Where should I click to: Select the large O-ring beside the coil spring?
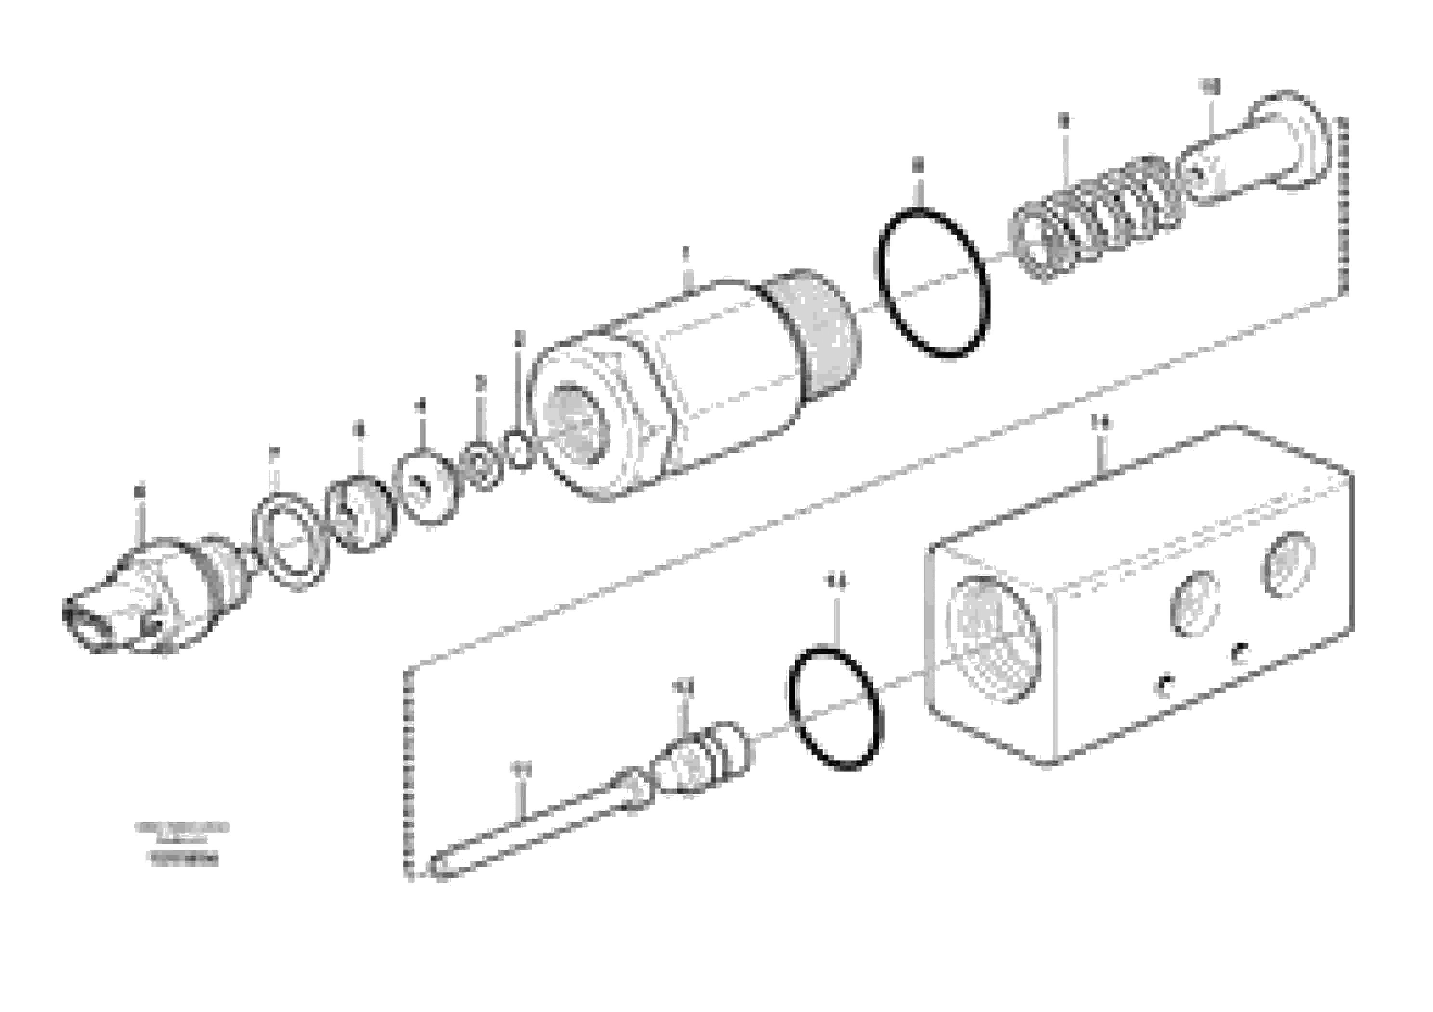tap(933, 284)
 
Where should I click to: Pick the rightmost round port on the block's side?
tap(1287, 565)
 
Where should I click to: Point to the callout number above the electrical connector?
tap(139, 491)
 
